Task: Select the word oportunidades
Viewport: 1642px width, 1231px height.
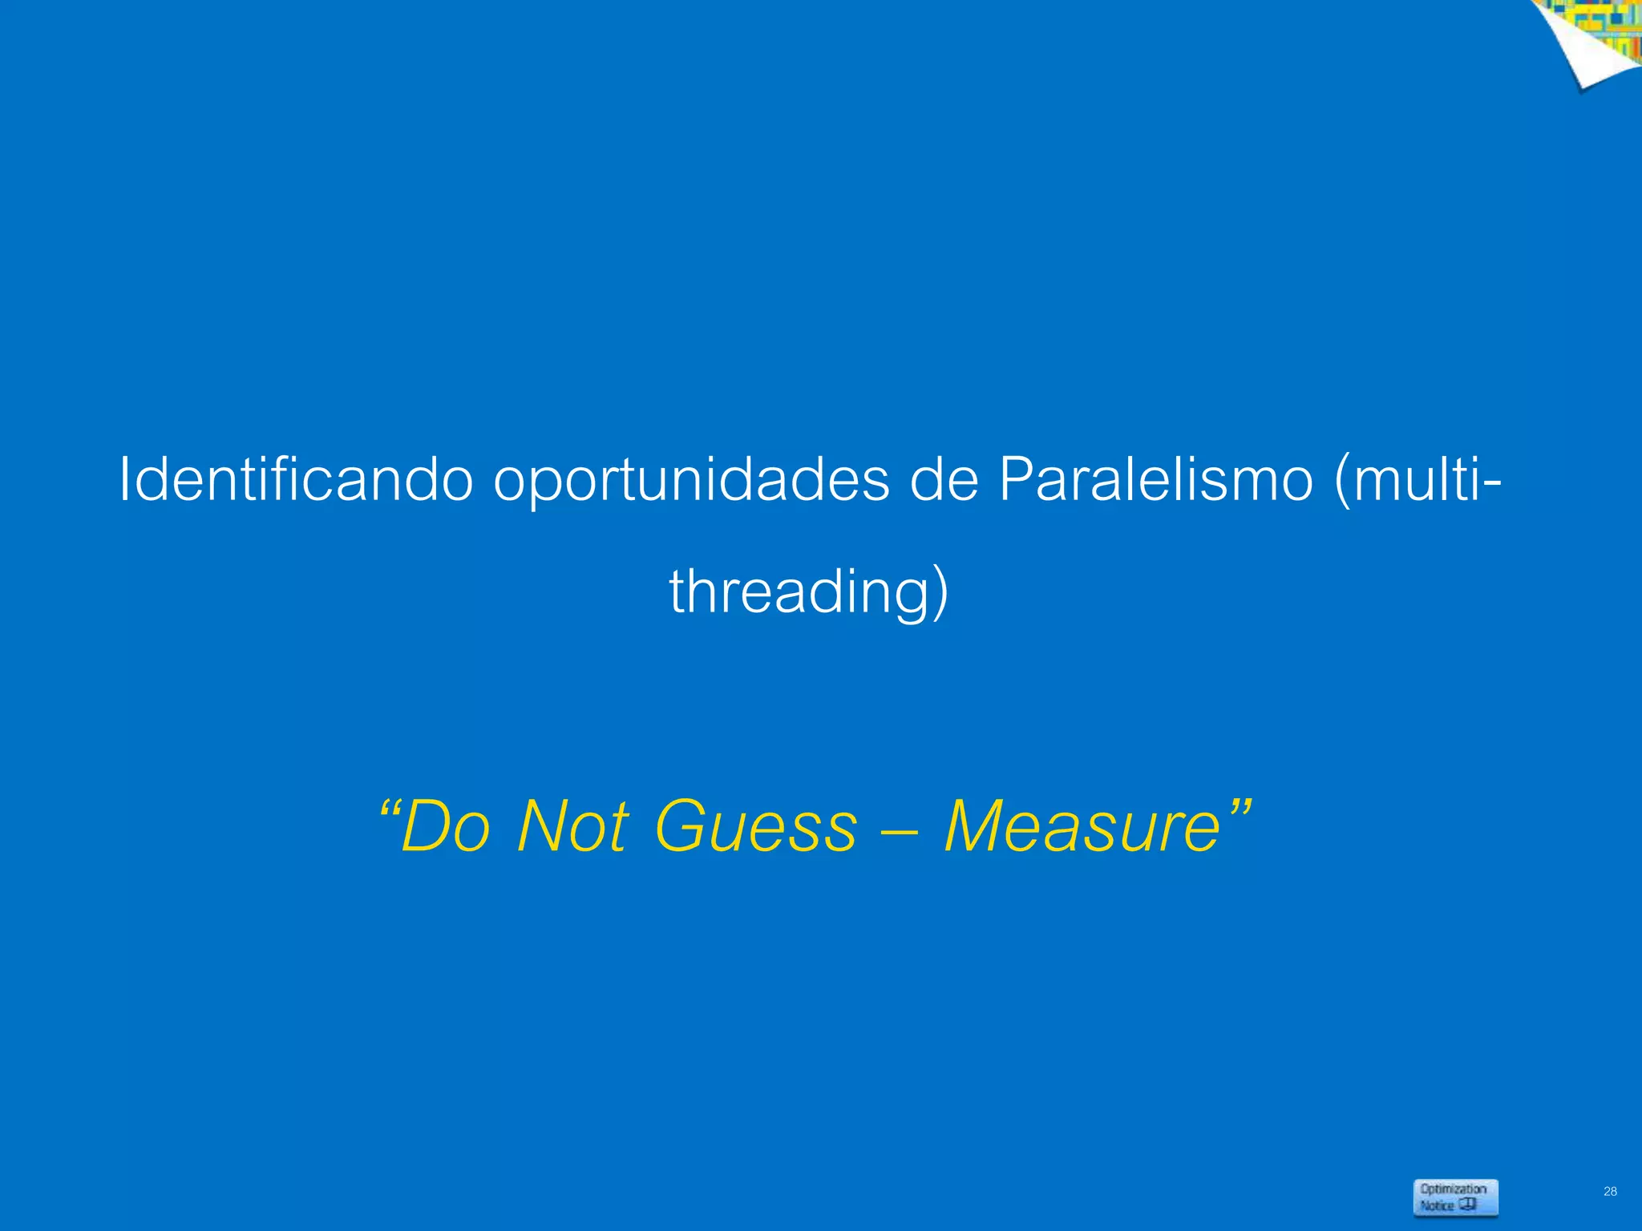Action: tap(691, 481)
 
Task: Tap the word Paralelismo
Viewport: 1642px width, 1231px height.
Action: tap(1155, 479)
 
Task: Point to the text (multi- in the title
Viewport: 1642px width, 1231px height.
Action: tap(1417, 479)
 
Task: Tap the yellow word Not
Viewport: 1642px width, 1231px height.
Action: tap(572, 827)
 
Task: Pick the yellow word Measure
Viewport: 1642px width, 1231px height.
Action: tap(1082, 827)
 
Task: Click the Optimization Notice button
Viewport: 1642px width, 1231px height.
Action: tap(1455, 1197)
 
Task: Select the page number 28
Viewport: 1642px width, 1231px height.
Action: tap(1610, 1192)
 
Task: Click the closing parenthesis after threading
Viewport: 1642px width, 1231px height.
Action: tap(940, 593)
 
